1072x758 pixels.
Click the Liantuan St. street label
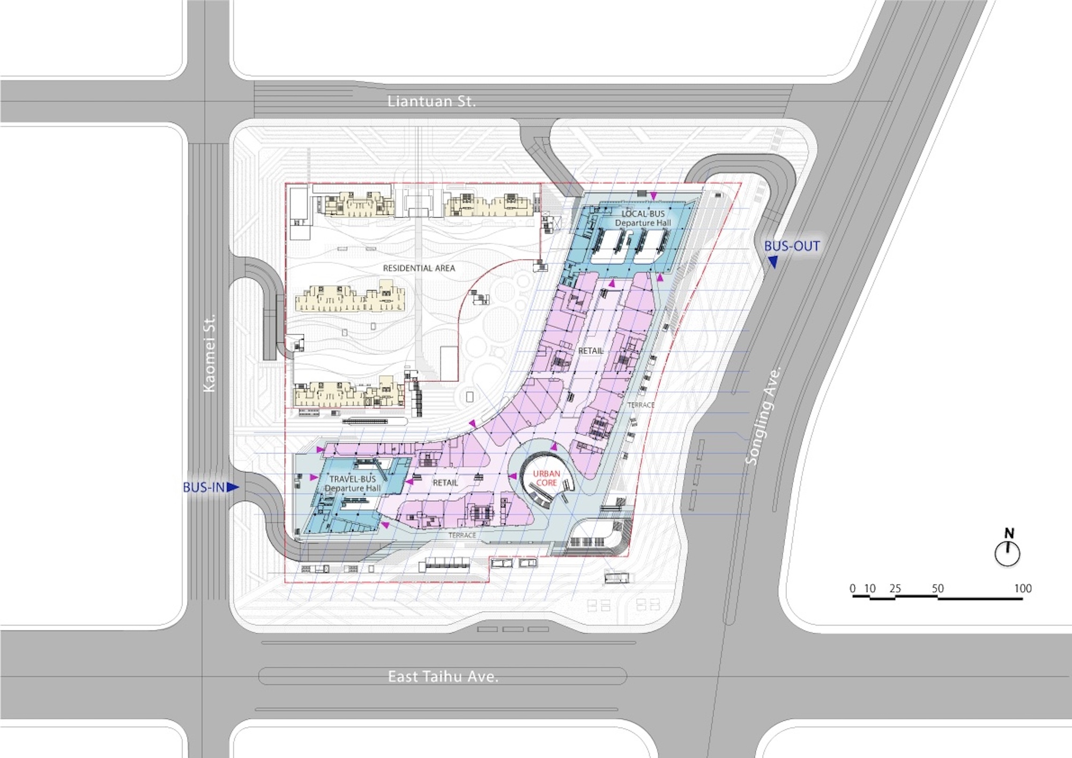431,101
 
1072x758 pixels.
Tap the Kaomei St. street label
209,353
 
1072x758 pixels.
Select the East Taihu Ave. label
443,677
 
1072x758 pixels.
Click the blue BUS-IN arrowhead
233,487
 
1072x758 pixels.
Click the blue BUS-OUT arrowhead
772,262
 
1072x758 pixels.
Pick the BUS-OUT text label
792,246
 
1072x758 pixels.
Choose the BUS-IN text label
204,487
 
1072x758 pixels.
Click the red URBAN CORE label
546,478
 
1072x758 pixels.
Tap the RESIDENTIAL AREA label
419,268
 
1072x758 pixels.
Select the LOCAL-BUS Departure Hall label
643,218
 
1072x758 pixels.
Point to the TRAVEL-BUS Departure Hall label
353,484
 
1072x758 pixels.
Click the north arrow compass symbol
1007,554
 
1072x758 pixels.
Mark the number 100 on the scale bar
1023,588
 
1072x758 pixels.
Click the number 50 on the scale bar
937,588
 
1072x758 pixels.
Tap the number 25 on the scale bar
895,588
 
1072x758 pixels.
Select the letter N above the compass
1009,533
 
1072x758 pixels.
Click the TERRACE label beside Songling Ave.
641,405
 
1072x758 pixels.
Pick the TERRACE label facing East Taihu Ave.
462,535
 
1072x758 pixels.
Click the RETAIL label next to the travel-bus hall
445,482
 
